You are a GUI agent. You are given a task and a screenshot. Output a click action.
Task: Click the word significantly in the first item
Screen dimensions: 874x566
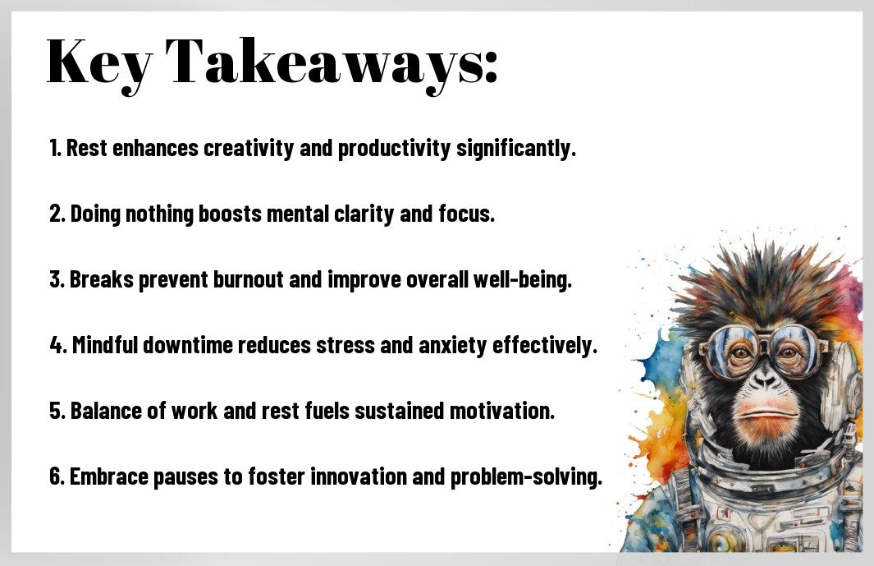516,149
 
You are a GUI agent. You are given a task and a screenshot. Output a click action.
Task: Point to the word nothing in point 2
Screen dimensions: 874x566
159,214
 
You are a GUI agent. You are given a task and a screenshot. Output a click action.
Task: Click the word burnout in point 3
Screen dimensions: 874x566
249,279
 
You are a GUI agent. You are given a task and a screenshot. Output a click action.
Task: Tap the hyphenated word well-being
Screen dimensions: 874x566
523,279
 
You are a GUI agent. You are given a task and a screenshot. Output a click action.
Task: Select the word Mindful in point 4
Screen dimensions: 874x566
105,345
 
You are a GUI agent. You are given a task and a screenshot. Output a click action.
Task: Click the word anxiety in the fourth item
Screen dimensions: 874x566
453,346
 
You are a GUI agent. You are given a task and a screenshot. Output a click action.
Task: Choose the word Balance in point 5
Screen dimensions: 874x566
106,411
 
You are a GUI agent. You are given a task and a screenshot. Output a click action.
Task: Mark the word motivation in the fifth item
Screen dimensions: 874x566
502,411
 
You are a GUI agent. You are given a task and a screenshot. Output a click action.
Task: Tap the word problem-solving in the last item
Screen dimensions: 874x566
526,477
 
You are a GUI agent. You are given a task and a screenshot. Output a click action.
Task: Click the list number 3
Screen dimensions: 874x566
57,279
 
